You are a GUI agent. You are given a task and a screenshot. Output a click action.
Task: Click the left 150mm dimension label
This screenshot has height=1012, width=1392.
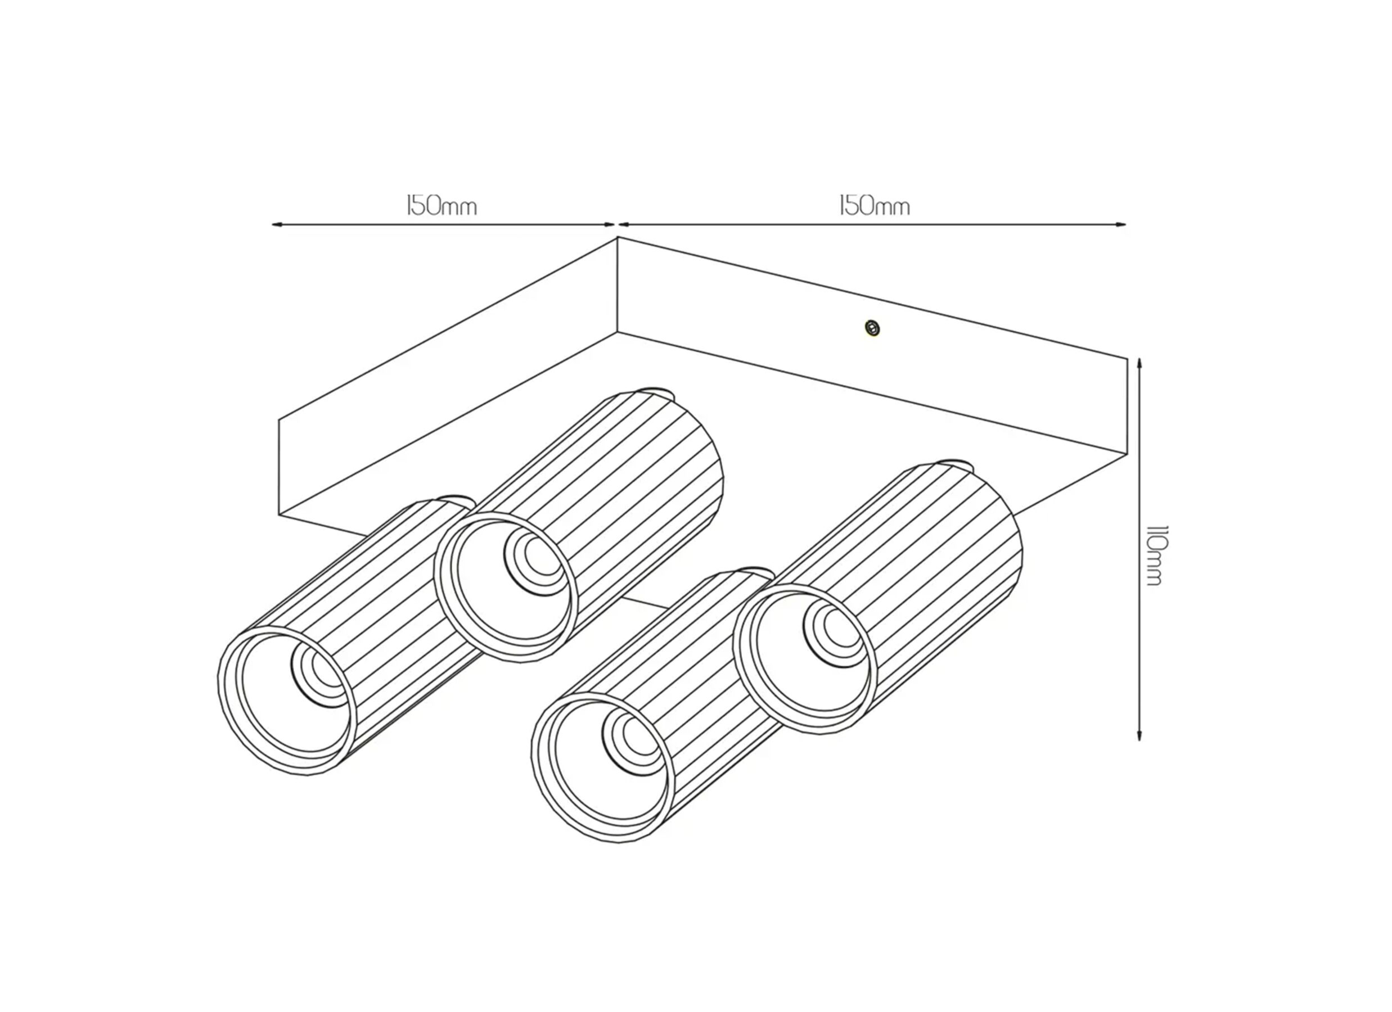(x=442, y=206)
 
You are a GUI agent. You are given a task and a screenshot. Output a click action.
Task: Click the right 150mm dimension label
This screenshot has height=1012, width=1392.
(x=874, y=206)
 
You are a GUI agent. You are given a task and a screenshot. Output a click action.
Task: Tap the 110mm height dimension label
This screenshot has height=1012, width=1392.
(x=1155, y=555)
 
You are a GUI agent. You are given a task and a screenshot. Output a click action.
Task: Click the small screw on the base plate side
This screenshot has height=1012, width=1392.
(x=872, y=328)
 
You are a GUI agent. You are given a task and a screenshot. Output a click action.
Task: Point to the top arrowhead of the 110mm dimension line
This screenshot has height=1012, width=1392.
(x=1139, y=362)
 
